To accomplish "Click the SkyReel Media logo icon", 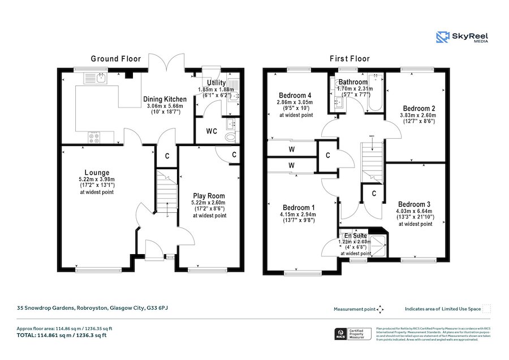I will (x=442, y=38).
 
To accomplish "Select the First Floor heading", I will (x=350, y=59).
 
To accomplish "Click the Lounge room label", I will (x=97, y=173).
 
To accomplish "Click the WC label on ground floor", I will (x=212, y=131).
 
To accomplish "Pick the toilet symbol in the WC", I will (x=230, y=136).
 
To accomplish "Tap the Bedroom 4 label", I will (x=296, y=95).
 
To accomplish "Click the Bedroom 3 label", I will (x=415, y=204).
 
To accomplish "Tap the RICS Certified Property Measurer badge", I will (x=353, y=335).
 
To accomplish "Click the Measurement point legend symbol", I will (x=380, y=309).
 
